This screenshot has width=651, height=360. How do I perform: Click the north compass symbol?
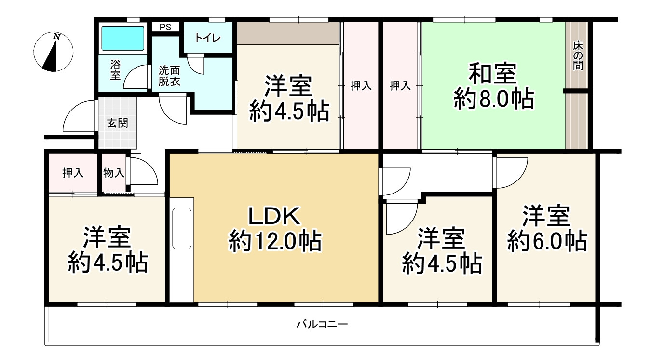pyautogui.click(x=53, y=52)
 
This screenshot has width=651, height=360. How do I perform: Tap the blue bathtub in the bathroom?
pyautogui.click(x=122, y=38)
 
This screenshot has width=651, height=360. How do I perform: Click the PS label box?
pyautogui.click(x=165, y=27)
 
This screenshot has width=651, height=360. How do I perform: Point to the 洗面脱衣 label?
pyautogui.click(x=170, y=76)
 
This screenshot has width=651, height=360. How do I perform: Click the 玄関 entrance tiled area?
pyautogui.click(x=117, y=123)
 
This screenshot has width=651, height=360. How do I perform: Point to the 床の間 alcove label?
pyautogui.click(x=577, y=56)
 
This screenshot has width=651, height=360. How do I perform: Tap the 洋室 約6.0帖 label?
pyautogui.click(x=547, y=228)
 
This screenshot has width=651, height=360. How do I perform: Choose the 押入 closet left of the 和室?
pyautogui.click(x=400, y=86)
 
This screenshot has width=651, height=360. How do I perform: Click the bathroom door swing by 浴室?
pyautogui.click(x=136, y=79)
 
